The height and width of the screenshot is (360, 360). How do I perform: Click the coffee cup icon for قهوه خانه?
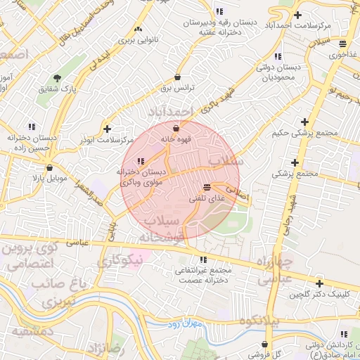(x=176, y=128)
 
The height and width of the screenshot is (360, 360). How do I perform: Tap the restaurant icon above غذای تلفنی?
(x=206, y=188)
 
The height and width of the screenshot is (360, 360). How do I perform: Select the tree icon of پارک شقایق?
(x=57, y=78)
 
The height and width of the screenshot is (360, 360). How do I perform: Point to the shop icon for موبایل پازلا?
(x=49, y=168)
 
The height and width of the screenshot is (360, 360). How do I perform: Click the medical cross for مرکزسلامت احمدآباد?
(x=298, y=15)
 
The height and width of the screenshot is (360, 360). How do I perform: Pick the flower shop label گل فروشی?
(x=267, y=355)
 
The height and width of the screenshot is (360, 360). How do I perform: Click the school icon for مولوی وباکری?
(x=142, y=162)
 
